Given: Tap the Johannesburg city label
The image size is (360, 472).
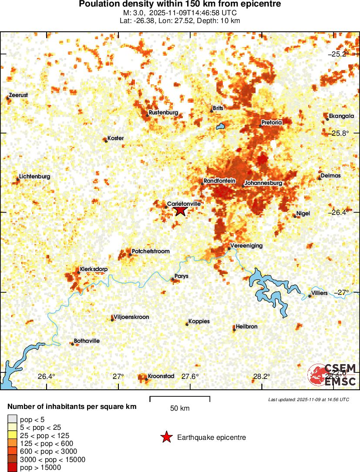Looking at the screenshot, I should click(x=263, y=183).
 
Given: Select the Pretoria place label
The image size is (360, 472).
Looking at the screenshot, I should click(x=272, y=123).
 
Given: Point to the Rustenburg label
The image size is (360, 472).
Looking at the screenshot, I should click(x=163, y=113).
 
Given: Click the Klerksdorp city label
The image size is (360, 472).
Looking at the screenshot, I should click(x=94, y=269).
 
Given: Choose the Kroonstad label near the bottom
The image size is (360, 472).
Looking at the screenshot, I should click(x=161, y=376).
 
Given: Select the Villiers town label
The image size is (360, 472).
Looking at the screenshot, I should click(x=320, y=293).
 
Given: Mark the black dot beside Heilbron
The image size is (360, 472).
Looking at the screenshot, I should click(x=234, y=330).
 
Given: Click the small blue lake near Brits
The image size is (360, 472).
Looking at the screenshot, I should click(x=220, y=127).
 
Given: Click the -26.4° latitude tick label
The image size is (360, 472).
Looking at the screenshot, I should click(x=338, y=212).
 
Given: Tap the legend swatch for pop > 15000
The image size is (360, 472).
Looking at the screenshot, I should click(x=13, y=467).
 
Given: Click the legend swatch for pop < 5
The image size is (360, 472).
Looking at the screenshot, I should click(x=13, y=419).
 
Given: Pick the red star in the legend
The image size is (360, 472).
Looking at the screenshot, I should click(x=166, y=438).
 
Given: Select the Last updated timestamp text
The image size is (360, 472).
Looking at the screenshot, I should click(x=309, y=399).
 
